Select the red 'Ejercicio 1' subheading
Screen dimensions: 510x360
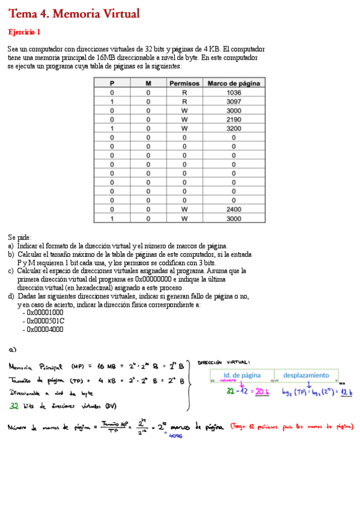(x=24, y=32)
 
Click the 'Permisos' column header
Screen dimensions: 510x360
(x=185, y=84)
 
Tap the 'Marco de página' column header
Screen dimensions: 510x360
(x=234, y=84)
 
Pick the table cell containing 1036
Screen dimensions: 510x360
(x=234, y=93)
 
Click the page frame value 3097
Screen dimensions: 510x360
(x=234, y=102)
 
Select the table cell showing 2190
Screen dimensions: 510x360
(x=234, y=120)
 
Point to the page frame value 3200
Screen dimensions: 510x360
(x=234, y=129)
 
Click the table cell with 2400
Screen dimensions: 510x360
(x=234, y=209)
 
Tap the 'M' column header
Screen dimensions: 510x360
(x=148, y=84)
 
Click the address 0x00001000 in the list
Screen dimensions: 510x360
(x=45, y=313)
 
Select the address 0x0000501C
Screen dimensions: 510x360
(x=45, y=321)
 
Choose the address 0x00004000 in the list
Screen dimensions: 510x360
(x=45, y=330)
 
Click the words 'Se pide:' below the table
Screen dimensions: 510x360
(x=19, y=238)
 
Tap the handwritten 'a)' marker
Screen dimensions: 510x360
(x=13, y=349)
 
